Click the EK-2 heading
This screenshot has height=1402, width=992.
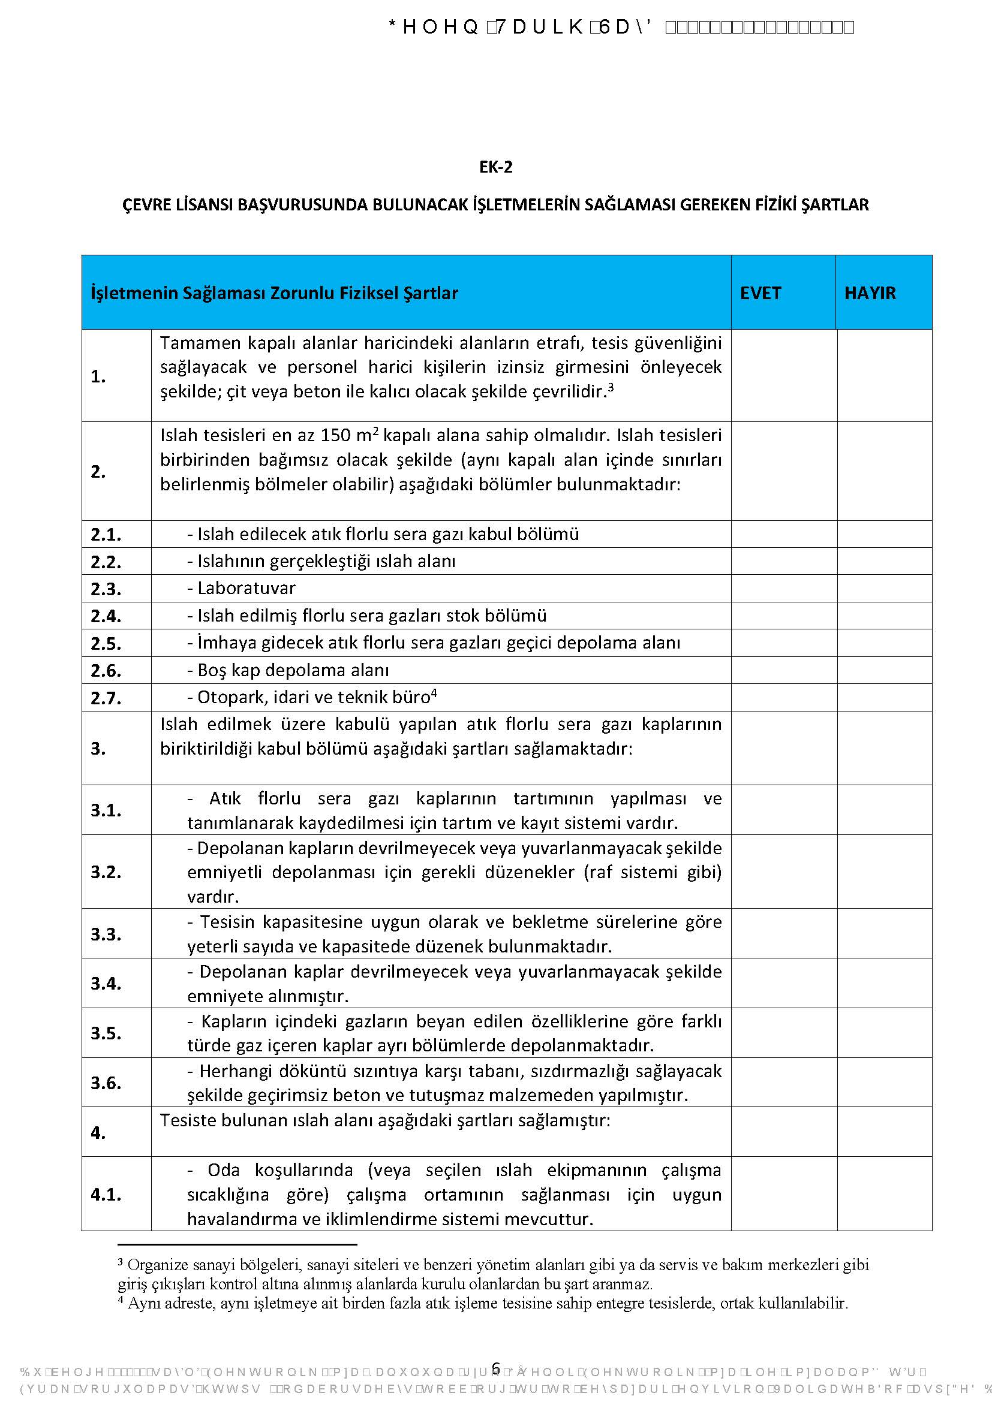click(495, 167)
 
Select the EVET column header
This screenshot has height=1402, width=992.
click(760, 293)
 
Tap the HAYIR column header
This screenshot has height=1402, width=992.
click(869, 293)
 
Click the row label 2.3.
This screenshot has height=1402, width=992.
click(106, 589)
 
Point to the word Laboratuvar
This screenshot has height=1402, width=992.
click(246, 588)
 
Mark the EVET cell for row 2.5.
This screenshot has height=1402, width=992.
click(784, 643)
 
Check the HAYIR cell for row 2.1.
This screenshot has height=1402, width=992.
click(884, 534)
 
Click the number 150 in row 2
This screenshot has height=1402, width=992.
click(336, 436)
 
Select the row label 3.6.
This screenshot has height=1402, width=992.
click(106, 1083)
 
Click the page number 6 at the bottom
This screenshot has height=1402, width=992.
click(496, 1369)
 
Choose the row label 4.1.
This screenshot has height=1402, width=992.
click(106, 1195)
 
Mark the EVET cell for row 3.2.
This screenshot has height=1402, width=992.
click(784, 872)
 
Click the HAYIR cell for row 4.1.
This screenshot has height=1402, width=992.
click(884, 1194)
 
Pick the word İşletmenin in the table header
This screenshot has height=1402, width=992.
click(134, 293)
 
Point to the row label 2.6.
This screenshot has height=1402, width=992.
click(106, 671)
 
